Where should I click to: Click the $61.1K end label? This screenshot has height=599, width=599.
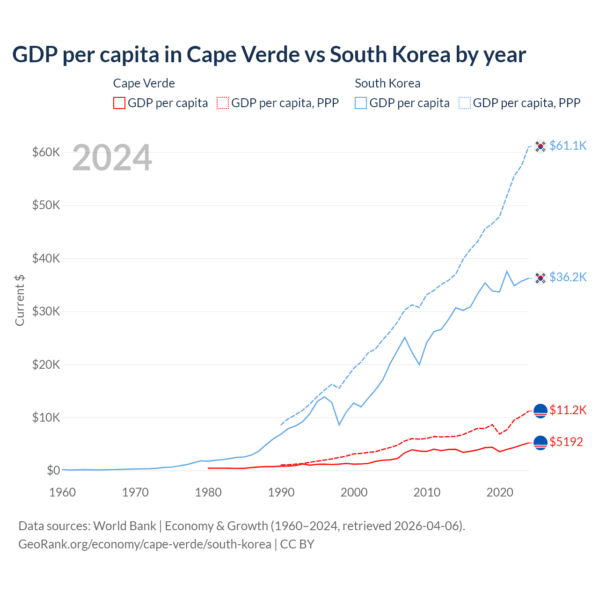(568, 146)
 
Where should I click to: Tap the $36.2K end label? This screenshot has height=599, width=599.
(568, 277)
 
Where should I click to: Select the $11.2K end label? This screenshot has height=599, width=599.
(568, 410)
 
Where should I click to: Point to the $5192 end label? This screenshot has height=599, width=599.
(566, 442)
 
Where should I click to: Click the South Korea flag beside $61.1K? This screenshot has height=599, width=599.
(541, 146)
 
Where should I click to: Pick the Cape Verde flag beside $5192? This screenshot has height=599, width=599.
(541, 442)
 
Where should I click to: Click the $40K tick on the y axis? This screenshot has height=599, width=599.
(46, 258)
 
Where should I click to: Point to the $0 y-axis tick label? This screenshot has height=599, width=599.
(53, 470)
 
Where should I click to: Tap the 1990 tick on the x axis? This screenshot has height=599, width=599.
(281, 492)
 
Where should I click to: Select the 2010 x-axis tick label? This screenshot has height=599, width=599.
(427, 492)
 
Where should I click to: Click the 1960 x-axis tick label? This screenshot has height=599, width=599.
(62, 492)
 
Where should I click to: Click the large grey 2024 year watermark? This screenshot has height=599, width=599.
(112, 158)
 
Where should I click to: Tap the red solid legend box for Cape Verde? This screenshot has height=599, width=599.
(119, 103)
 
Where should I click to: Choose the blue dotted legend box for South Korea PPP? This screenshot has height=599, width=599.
(465, 103)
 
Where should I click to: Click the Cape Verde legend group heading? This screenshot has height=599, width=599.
(144, 83)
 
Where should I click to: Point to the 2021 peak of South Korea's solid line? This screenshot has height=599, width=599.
(507, 271)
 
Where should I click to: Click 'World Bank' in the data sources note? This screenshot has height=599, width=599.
(125, 526)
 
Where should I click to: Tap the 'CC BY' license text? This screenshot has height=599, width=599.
(297, 544)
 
